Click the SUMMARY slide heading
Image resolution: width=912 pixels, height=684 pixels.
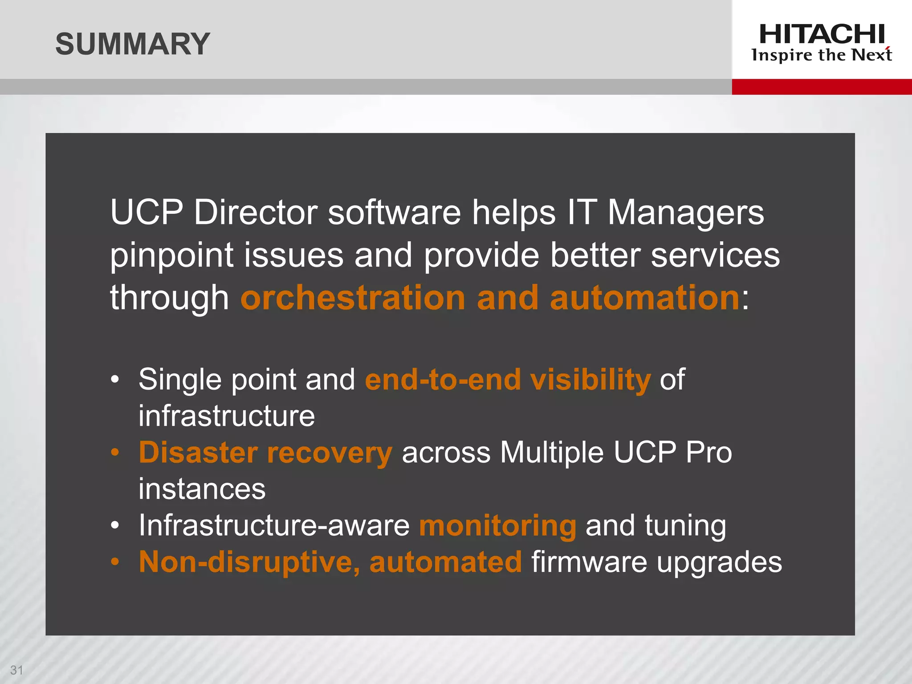point(132,44)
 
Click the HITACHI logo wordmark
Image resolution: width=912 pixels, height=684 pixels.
point(822,34)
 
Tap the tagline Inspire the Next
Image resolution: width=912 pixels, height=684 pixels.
point(822,55)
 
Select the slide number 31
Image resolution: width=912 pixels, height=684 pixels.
point(16,670)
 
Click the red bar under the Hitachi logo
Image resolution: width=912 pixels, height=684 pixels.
point(822,86)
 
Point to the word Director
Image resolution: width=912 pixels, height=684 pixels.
point(256,212)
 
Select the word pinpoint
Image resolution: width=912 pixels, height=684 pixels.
point(172,256)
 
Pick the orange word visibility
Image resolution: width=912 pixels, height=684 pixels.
point(590,380)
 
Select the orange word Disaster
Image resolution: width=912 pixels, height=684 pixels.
point(198,452)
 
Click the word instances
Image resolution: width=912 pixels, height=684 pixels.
point(202,489)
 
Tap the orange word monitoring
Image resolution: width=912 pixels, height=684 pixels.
point(497,526)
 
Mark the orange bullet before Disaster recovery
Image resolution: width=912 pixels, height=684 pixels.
point(115,452)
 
